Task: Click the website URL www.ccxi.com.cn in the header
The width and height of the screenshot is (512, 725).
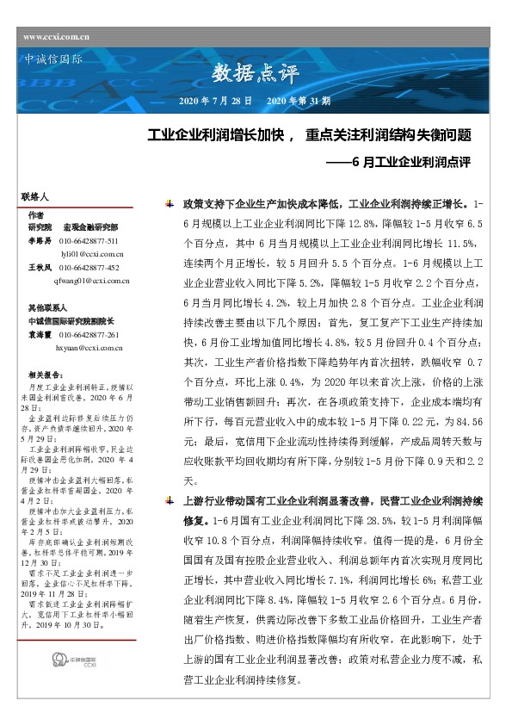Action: [57, 36]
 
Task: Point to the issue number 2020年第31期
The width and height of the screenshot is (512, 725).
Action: [299, 101]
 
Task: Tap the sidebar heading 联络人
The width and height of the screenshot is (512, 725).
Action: [35, 197]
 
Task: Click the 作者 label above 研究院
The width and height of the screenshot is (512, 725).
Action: [35, 214]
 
